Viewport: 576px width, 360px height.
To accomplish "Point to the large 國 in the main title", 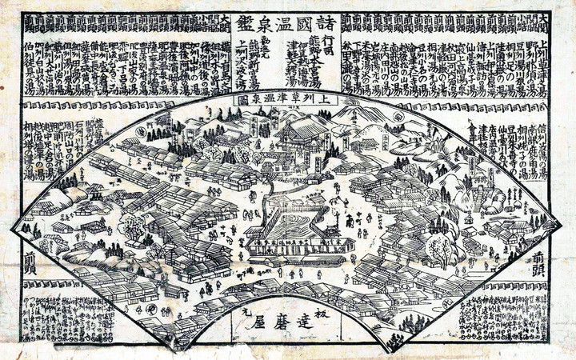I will [x=298, y=21].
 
